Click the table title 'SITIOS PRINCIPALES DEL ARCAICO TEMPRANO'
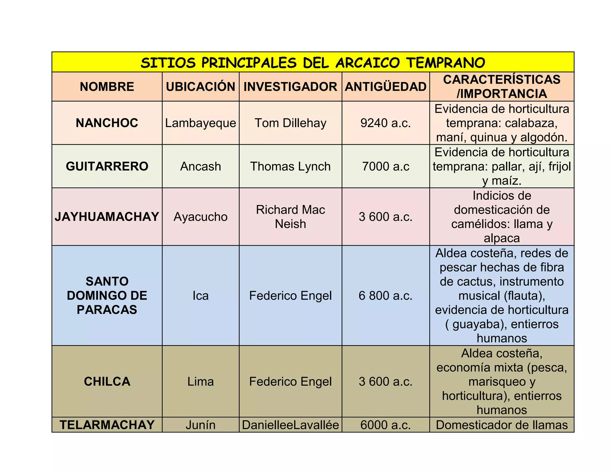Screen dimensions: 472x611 (x=313, y=63)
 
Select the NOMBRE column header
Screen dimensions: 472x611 (x=107, y=87)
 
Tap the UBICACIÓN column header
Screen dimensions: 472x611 (x=200, y=87)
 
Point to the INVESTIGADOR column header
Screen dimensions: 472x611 (x=290, y=87)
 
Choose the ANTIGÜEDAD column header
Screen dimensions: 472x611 (x=385, y=87)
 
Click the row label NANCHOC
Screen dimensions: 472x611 (x=107, y=123)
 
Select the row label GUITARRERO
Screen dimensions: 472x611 (x=107, y=166)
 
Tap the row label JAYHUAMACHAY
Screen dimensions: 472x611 (x=107, y=217)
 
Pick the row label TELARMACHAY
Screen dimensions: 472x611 (x=107, y=425)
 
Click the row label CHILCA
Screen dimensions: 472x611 (x=107, y=382)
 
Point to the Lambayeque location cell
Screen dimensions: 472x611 (x=200, y=123)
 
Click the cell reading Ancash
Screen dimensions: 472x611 (x=200, y=166)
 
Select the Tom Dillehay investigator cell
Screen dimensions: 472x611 (x=290, y=123)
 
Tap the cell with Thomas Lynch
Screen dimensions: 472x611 (x=290, y=166)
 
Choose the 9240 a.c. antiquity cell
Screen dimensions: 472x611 (x=385, y=123)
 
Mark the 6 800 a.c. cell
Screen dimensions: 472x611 (x=385, y=296)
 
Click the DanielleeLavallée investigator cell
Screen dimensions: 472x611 (x=290, y=425)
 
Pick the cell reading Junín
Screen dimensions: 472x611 (x=200, y=425)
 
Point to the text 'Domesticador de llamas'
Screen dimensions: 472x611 (x=502, y=425)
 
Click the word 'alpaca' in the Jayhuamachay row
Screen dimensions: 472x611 (x=502, y=238)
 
